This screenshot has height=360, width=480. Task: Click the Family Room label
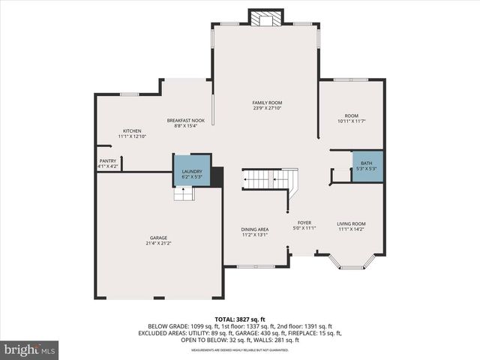pyautogui.click(x=267, y=103)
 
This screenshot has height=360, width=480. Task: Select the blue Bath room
pyautogui.click(x=366, y=165)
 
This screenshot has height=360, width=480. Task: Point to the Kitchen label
pyautogui.click(x=132, y=130)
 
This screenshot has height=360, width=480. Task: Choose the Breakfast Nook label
pyautogui.click(x=185, y=120)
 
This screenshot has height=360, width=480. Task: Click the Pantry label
pyautogui.click(x=107, y=160)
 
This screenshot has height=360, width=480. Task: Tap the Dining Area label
pyautogui.click(x=254, y=229)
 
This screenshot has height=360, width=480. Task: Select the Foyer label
pyautogui.click(x=304, y=223)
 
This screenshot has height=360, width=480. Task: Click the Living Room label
pyautogui.click(x=350, y=223)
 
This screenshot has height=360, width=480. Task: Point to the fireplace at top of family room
pyautogui.click(x=266, y=17)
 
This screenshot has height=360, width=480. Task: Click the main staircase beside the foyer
pyautogui.click(x=266, y=180)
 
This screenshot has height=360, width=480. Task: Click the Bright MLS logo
pyautogui.click(x=29, y=349)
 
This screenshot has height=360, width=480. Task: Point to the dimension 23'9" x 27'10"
pyautogui.click(x=267, y=109)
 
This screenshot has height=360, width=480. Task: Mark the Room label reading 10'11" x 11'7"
pyautogui.click(x=351, y=121)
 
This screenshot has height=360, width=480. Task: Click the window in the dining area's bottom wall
pyautogui.click(x=254, y=265)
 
